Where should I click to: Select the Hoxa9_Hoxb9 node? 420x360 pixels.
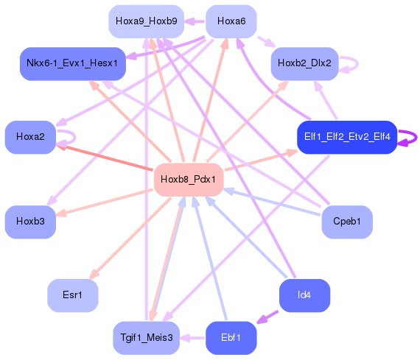pos(146,22)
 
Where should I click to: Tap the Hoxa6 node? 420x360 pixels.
pos(231,22)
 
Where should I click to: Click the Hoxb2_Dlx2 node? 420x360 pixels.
pos(305,64)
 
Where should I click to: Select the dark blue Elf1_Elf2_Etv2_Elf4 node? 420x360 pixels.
pos(346,137)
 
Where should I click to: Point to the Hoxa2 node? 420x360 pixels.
pos(30,137)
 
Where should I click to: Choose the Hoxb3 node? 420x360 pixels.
pos(30,221)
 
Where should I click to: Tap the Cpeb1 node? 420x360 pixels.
pos(346,221)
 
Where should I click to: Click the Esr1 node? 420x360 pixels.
pos(72,295)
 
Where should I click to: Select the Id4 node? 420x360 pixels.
pos(304,295)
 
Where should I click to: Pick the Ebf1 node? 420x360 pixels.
pos(231,338)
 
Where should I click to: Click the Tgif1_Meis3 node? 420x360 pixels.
pos(146,338)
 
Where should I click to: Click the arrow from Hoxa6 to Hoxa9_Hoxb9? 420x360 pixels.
pos(194,22)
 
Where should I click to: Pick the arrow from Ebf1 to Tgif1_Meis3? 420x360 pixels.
pos(192,338)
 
